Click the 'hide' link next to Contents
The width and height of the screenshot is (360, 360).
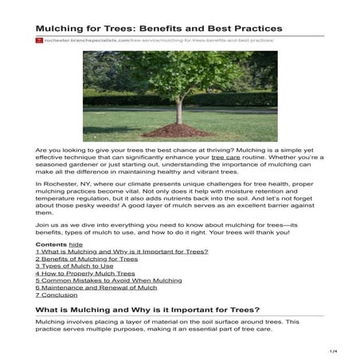click(76, 244)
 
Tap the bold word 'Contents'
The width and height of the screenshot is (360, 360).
click(51, 244)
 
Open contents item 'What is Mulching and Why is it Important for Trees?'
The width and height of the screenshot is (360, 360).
click(122, 252)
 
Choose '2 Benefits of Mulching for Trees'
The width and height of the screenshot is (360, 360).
click(87, 259)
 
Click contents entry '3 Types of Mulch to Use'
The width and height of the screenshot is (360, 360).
click(72, 266)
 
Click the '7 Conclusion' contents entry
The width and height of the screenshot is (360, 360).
click(58, 295)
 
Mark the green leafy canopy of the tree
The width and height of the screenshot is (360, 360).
click(180, 76)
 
